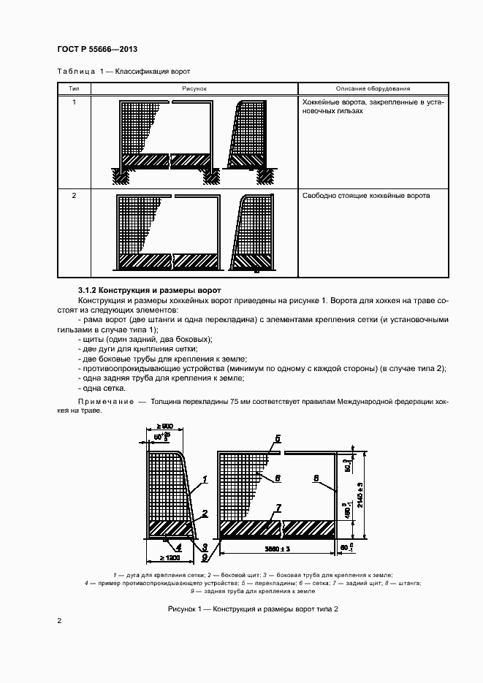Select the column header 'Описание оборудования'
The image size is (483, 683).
pos(373,88)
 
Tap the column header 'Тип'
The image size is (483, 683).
pos(74,88)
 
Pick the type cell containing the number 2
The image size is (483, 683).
pos(74,196)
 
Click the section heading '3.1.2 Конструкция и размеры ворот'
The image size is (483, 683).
pos(149,291)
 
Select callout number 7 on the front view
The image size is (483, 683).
pos(278,507)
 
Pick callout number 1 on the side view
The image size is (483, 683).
pos(206,479)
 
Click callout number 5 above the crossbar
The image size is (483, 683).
pos(278,439)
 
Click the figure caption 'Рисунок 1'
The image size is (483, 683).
pos(241,608)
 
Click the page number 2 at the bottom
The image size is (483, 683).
pos(60,621)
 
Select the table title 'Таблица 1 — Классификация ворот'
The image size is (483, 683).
pos(123,72)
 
